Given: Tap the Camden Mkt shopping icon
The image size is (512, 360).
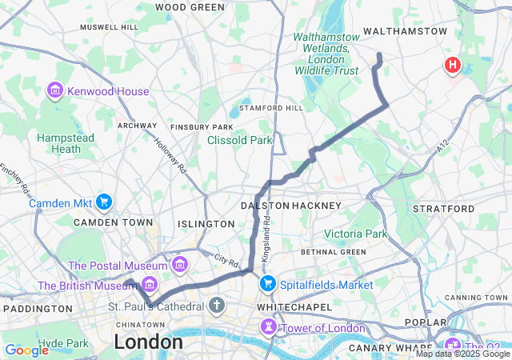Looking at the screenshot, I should [103, 202].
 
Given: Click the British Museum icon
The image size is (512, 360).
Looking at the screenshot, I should [149, 284].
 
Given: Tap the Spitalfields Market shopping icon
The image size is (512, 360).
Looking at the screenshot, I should [267, 284].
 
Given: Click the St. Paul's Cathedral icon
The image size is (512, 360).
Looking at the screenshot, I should [217, 305].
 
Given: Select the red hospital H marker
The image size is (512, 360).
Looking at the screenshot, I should [453, 65].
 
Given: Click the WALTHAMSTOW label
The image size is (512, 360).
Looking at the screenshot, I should [405, 31].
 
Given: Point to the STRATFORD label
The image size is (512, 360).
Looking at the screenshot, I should [443, 208].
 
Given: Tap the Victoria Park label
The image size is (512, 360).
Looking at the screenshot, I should [355, 234].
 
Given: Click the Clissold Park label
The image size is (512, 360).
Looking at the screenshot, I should [239, 141].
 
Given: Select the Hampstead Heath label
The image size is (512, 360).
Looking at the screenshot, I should [66, 143].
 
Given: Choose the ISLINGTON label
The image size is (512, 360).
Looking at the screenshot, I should [206, 224].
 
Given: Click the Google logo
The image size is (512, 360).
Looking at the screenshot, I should [26, 350].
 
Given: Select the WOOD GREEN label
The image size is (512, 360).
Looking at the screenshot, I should [190, 7].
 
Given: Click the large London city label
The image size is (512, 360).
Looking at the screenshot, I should [148, 342].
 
